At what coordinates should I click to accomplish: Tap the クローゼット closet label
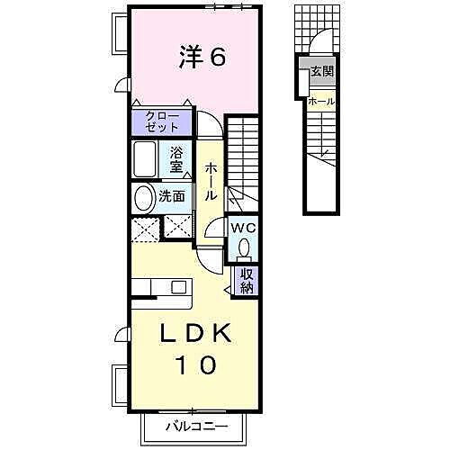162,121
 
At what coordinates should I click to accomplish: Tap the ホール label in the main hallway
211,181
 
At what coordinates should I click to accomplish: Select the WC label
244,228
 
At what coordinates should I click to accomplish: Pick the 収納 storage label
245,281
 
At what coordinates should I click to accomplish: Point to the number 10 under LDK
195,365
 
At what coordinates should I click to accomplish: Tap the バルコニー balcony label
196,427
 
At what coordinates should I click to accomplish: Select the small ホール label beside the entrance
321,101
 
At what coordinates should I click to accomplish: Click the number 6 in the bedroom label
217,57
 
